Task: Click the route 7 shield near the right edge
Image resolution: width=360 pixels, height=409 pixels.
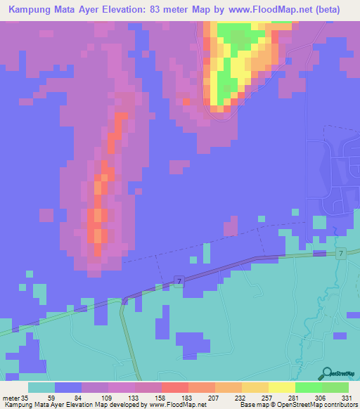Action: (x=340, y=253)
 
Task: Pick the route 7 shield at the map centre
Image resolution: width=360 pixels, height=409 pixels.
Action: (x=179, y=281)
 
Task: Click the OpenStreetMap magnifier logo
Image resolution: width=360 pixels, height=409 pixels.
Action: (x=328, y=375)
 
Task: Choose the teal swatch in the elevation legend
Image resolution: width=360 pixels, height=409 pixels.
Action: (x=41, y=387)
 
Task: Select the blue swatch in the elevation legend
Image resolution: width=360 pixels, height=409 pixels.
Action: (x=68, y=387)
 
